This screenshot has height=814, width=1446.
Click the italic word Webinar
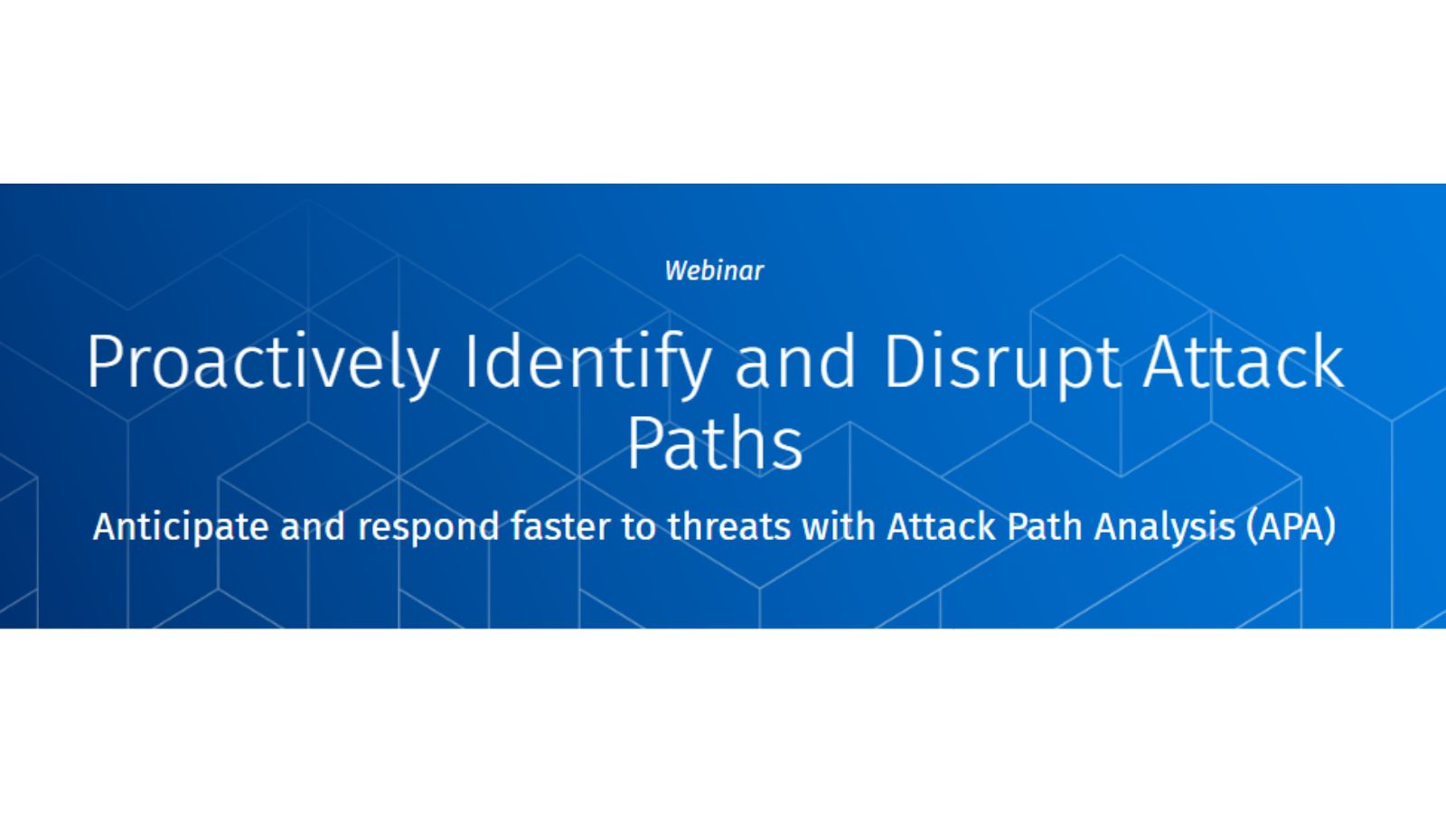point(714,271)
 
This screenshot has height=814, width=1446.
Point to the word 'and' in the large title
point(795,362)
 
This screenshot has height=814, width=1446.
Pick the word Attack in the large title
point(1244,362)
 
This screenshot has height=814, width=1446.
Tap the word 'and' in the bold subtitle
point(313,525)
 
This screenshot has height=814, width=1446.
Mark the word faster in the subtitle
point(560,526)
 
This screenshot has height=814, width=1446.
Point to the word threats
point(729,526)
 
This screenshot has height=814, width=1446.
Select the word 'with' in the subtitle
point(839,526)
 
